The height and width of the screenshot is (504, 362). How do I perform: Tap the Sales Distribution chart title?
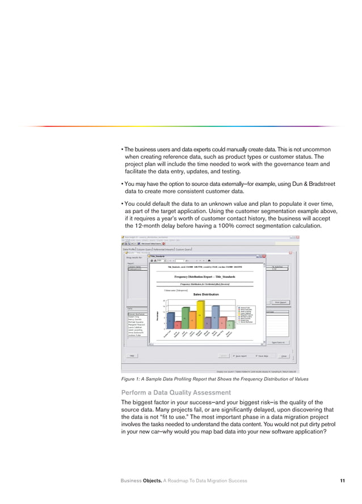tap(205, 294)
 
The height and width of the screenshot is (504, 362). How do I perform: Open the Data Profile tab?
tap(129, 248)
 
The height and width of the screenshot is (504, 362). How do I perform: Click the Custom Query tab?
tap(184, 248)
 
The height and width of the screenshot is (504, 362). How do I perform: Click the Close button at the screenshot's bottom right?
tap(284, 355)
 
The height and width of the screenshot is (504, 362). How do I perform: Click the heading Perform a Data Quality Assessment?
tap(176, 392)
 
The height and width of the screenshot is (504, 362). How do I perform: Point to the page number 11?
tap(343, 481)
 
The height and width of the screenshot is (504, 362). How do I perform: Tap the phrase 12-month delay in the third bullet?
tap(153, 226)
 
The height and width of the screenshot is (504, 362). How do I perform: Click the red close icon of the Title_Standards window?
tap(264, 256)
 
